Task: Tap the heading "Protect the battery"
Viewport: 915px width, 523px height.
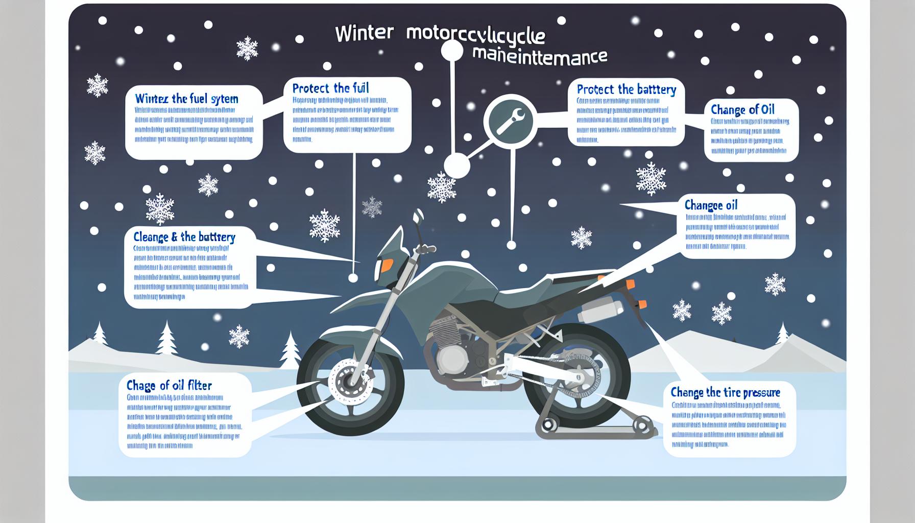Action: click(626, 90)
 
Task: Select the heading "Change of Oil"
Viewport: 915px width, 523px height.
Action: click(742, 110)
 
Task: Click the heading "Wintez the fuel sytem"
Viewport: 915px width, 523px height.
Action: click(186, 99)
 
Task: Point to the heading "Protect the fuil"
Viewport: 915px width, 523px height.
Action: click(330, 88)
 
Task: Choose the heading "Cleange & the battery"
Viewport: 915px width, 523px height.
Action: click(184, 237)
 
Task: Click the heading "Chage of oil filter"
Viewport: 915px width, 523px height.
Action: click(169, 386)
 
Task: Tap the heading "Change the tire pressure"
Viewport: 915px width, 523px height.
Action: click(725, 392)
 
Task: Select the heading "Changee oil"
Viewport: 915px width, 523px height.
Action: click(711, 205)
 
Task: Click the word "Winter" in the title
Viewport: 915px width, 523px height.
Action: click(364, 33)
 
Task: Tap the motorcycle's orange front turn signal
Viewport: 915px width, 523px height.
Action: click(387, 266)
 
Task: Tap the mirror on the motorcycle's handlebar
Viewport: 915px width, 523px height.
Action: click(418, 217)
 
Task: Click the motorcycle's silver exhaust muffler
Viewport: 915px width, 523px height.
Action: click(600, 311)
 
